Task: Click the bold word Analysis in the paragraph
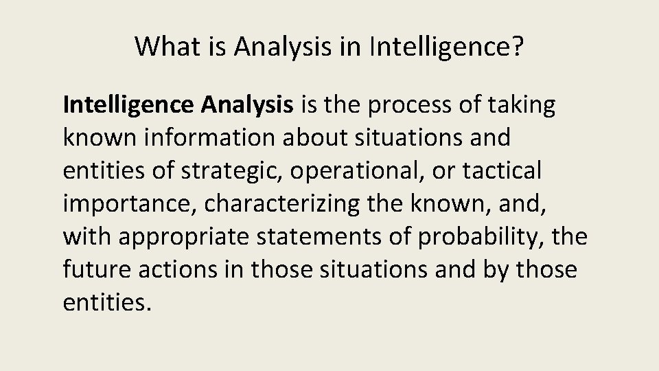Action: click(248, 106)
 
